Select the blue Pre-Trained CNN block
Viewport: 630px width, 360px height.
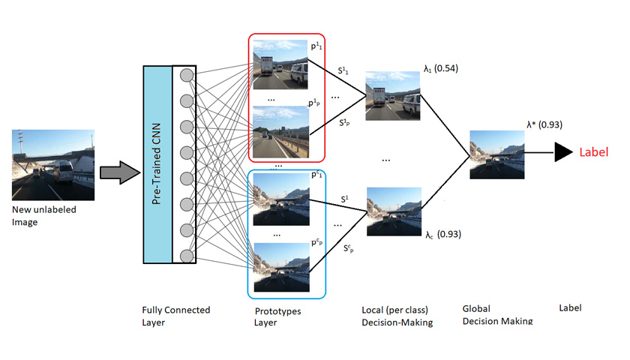click(157, 164)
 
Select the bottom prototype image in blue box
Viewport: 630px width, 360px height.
click(280, 267)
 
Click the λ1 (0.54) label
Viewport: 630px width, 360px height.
click(440, 69)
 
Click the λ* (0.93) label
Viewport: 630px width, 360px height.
click(544, 124)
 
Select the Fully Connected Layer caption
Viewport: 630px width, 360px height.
click(175, 315)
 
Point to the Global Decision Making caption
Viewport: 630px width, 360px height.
click(497, 314)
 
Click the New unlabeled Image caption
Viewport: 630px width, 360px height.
click(44, 215)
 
